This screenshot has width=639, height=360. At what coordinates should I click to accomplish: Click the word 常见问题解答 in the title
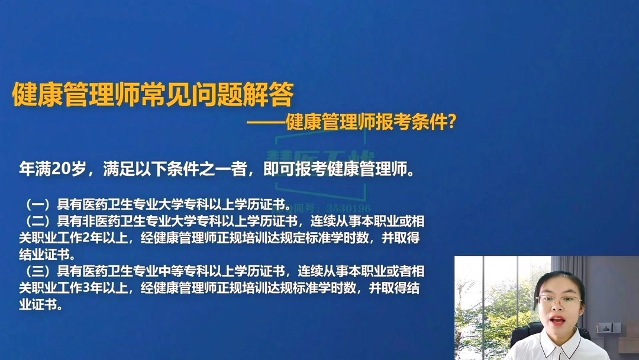coord(217,94)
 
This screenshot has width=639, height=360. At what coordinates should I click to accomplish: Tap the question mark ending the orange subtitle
coord(451,122)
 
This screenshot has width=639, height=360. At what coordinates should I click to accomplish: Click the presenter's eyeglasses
coord(559,300)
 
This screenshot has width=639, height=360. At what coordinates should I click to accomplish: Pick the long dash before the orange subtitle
coord(266,123)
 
